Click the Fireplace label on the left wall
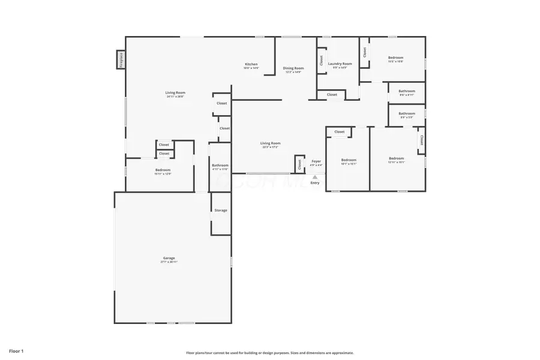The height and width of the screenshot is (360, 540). click(121, 60)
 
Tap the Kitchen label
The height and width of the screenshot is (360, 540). click(251, 64)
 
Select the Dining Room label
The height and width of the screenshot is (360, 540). click(293, 68)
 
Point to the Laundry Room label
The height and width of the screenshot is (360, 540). click(340, 64)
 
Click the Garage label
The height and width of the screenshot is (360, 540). click(169, 258)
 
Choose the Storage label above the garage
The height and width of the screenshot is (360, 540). click(221, 211)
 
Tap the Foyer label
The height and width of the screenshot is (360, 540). click(316, 161)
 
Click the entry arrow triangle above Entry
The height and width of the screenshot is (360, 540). click(315, 176)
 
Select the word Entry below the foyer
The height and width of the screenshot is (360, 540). click(315, 183)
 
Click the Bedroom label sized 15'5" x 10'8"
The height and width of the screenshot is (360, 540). click(395, 58)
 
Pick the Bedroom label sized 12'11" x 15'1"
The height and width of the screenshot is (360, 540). click(397, 158)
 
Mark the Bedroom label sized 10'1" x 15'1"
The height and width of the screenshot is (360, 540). click(349, 160)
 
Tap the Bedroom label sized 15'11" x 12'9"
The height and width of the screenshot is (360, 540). click(163, 170)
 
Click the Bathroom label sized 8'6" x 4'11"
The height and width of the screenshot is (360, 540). click(407, 91)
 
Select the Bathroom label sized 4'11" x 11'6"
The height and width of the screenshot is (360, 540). click(220, 166)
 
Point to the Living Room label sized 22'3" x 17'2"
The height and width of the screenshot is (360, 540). click(271, 143)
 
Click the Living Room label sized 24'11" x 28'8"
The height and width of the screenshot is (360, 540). click(175, 92)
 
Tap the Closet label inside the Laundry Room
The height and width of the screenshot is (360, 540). click(322, 61)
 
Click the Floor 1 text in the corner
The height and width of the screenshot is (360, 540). click(16, 350)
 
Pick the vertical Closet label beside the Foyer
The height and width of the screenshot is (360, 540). click(299, 164)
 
